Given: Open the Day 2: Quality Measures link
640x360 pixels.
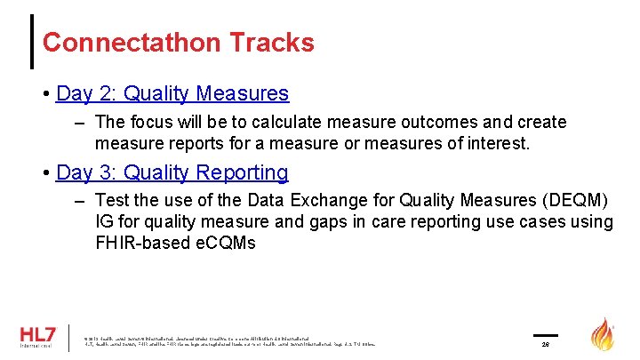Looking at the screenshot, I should tap(172, 93).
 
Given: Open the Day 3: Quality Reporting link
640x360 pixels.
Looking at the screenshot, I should tap(172, 172).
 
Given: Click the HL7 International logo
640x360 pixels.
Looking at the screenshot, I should tap(36, 338).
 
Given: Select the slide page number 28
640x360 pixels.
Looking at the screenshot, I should tap(546, 345).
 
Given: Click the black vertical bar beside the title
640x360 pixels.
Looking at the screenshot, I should tap(34, 41).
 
